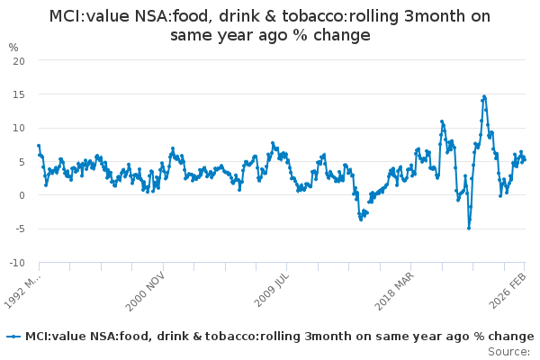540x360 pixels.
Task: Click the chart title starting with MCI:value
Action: tap(270, 26)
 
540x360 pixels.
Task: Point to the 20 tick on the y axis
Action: tap(18, 60)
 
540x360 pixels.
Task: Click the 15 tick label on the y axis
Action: tap(18, 94)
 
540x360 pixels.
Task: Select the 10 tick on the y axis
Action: tap(18, 128)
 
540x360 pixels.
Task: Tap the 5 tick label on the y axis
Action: tap(21, 161)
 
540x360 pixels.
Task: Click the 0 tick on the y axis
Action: tap(21, 195)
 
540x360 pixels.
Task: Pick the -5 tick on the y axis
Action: tap(19, 229)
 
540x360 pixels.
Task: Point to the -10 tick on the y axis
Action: tap(16, 263)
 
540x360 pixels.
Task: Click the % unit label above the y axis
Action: tap(13, 47)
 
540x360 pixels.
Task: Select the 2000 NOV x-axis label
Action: tap(145, 290)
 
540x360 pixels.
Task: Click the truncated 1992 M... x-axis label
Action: tap(22, 290)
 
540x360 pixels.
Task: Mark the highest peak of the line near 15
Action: tap(484, 96)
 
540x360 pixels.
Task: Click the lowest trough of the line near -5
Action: tap(468, 228)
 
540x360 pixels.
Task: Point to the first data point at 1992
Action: tap(39, 145)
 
